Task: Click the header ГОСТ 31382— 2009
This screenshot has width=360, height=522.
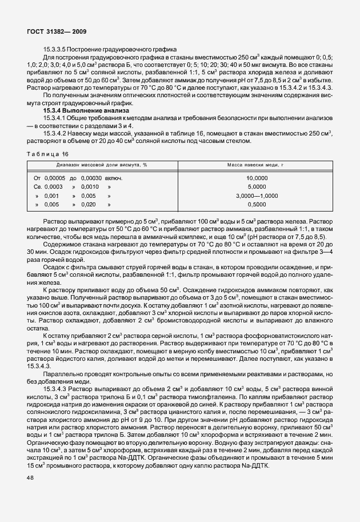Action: click(x=56, y=31)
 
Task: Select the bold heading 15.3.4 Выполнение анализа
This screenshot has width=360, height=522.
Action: click(x=82, y=110)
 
